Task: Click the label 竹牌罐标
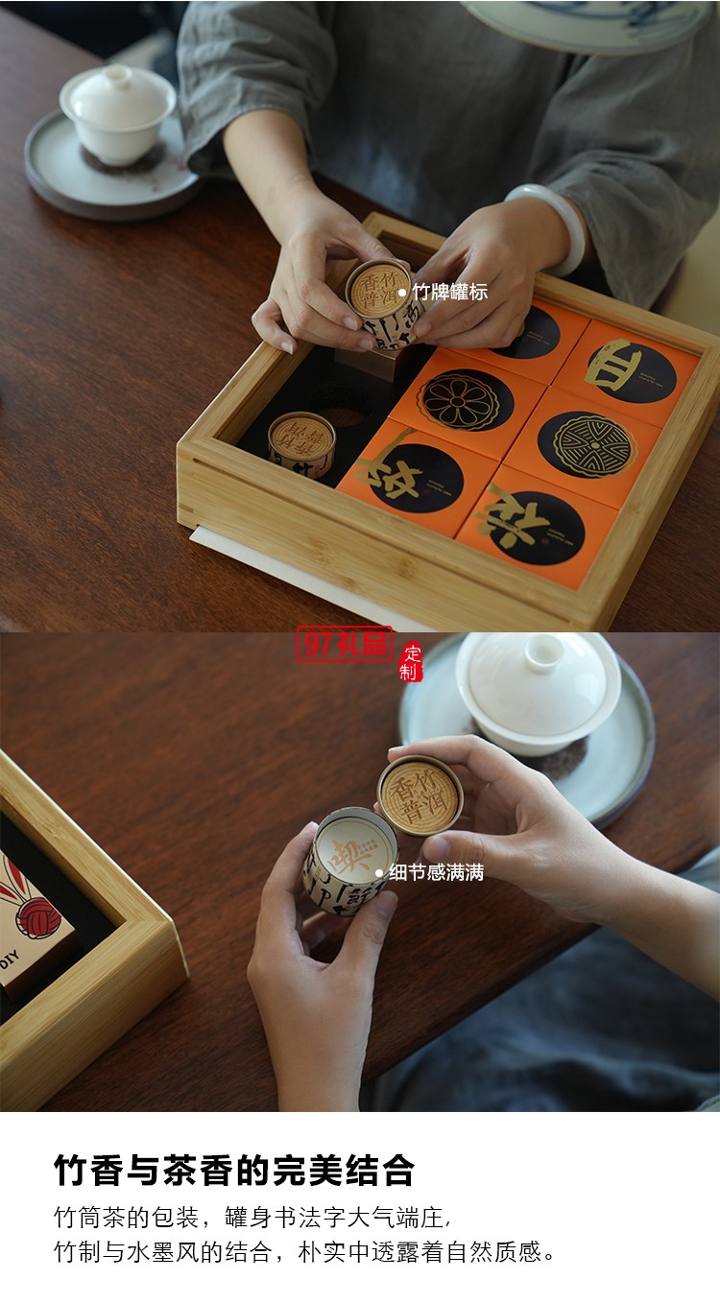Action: pyautogui.click(x=450, y=292)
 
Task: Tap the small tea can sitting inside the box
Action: pyautogui.click(x=301, y=442)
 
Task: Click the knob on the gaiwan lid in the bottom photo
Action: pyautogui.click(x=543, y=651)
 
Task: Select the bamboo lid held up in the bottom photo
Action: pyautogui.click(x=420, y=795)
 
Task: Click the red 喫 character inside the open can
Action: pyautogui.click(x=347, y=848)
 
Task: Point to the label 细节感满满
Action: pyautogui.click(x=436, y=873)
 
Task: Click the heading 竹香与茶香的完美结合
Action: pyautogui.click(x=234, y=1170)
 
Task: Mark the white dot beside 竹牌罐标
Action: pyautogui.click(x=402, y=293)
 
